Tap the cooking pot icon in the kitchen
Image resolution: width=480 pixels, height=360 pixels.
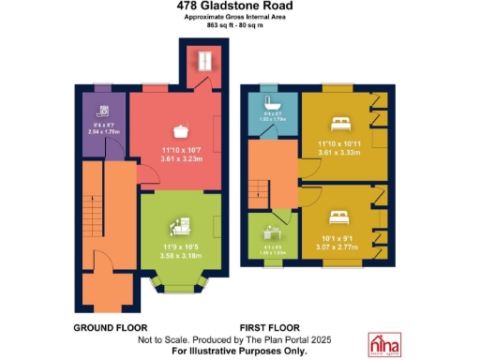181,132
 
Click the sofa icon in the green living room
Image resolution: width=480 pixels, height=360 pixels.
179,226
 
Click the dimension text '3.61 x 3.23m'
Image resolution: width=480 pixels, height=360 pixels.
182,159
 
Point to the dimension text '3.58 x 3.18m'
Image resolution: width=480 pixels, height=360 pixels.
179,254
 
